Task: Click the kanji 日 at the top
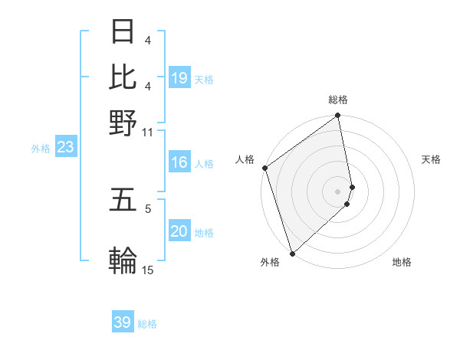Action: click(123, 31)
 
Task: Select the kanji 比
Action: click(123, 77)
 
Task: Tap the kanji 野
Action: click(123, 123)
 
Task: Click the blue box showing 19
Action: click(179, 77)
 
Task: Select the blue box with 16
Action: click(179, 162)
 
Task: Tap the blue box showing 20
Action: click(179, 232)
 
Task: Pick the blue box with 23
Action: click(65, 147)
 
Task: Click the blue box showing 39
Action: click(123, 322)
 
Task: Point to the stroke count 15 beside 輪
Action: click(147, 270)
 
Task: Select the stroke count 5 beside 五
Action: click(149, 208)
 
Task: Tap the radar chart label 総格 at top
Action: click(338, 100)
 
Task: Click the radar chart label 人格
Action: click(245, 159)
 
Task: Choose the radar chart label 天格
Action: click(431, 159)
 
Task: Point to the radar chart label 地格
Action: click(402, 263)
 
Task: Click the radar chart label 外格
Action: click(270, 263)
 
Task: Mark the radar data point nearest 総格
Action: click(338, 116)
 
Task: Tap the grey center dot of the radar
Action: click(338, 191)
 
